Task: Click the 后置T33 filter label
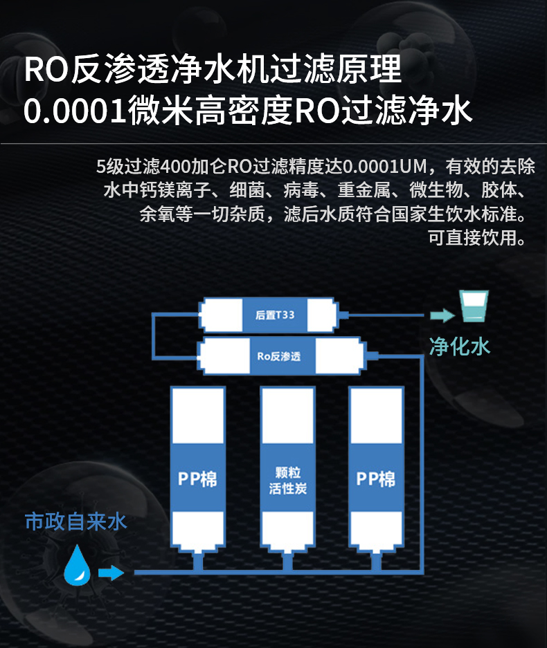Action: [275, 315]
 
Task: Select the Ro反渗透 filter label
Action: [279, 356]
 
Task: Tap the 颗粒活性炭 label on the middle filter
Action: [287, 480]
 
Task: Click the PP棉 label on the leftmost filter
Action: [197, 479]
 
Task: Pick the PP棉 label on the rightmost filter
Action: [376, 479]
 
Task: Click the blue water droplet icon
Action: [78, 565]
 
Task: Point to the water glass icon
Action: [474, 306]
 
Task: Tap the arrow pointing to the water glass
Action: [442, 315]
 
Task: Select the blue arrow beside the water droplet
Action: [111, 573]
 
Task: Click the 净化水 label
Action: [459, 346]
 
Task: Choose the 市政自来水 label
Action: [75, 521]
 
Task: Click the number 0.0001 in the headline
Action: [75, 111]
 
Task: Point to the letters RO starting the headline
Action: [46, 69]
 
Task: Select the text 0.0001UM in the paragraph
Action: [384, 167]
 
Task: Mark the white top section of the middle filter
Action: [287, 416]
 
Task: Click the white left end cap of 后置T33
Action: [221, 315]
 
